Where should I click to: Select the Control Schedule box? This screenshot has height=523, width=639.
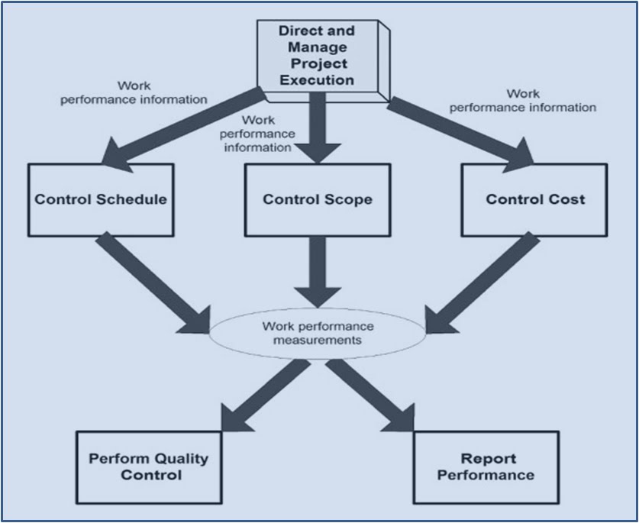[x=100, y=199]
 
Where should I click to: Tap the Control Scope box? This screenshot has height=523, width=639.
[x=317, y=199]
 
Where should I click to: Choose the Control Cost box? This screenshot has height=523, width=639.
[x=535, y=199]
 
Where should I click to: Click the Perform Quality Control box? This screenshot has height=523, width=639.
[x=148, y=467]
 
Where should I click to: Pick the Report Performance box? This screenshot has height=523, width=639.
[x=487, y=467]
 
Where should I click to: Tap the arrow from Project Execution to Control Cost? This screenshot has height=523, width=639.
[x=458, y=129]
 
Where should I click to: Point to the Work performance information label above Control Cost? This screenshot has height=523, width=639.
[x=522, y=100]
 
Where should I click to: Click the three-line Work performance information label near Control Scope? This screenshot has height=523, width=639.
[x=256, y=134]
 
